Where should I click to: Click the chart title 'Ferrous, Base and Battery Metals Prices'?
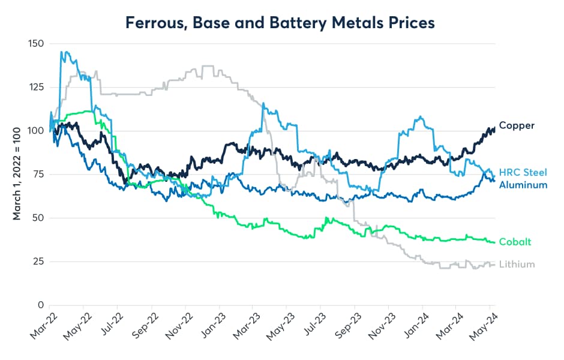coord(280,23)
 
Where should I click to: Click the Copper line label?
coord(517,125)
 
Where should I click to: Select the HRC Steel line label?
coord(523,172)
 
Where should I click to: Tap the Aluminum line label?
coord(523,185)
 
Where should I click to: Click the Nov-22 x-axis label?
coord(180,327)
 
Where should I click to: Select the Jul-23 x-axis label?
coord(317,327)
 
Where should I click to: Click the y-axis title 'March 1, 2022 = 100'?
coord(17,174)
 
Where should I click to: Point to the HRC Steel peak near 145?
coord(62,52)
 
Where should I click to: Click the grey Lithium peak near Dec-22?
coord(207,66)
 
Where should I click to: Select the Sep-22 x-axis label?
coord(146,327)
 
